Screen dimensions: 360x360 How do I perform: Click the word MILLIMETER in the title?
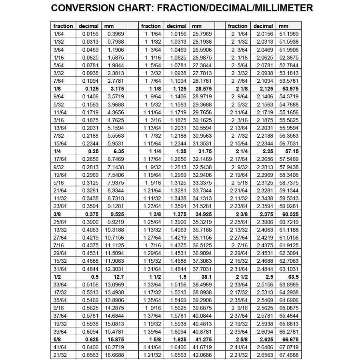tap(279, 8)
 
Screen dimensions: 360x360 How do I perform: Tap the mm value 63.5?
tap(292, 276)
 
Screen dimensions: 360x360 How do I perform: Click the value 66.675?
tap(290, 339)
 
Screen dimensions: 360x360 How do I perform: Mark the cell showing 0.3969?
tap(116, 34)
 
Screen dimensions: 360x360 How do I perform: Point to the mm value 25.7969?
tap(202, 34)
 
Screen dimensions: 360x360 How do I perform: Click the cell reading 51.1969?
tap(289, 34)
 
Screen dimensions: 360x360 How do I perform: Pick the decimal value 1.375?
tap(178, 214)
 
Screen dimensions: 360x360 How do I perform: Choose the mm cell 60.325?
tap(290, 214)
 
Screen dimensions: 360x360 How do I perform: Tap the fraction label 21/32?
tap(60, 354)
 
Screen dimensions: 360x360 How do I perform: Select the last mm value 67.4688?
tap(289, 354)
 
